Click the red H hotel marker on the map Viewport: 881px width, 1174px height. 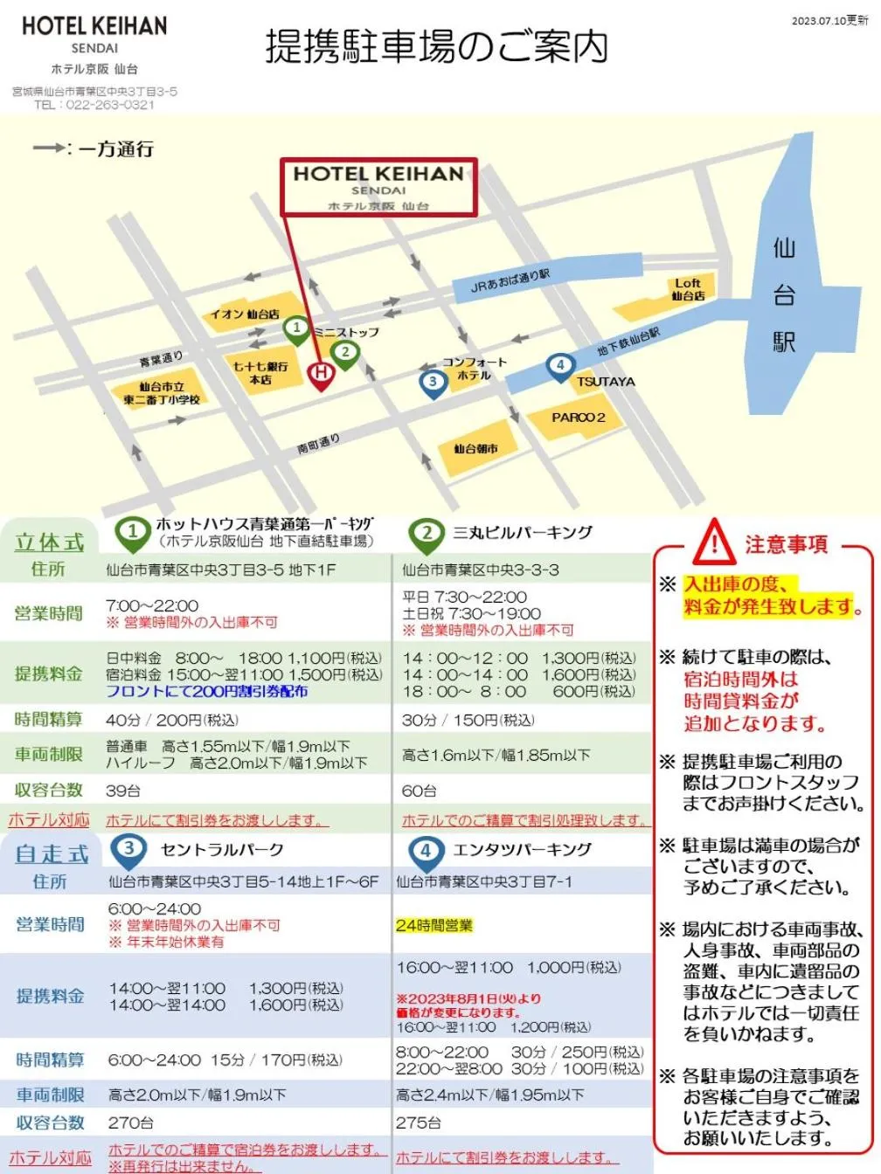tap(321, 374)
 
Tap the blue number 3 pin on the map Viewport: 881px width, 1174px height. tap(433, 383)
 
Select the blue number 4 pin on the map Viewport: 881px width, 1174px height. tap(560, 366)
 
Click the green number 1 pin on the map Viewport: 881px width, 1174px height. tap(297, 329)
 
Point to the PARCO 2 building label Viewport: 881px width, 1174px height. tap(578, 418)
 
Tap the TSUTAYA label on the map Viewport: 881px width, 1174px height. tap(606, 382)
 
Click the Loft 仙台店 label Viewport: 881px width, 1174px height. tap(688, 289)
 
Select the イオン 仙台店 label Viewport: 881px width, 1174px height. tap(244, 314)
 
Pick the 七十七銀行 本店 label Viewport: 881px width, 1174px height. tap(260, 373)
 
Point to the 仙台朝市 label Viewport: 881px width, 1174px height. tap(475, 449)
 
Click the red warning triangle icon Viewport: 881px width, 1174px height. tap(714, 542)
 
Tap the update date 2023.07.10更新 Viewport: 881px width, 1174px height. tap(829, 21)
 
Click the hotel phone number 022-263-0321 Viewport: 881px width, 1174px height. tap(110, 105)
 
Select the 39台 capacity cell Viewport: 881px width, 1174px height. tap(123, 791)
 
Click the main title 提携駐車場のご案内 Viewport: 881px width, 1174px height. tap(436, 47)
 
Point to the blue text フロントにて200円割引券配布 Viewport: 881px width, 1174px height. tap(206, 691)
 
